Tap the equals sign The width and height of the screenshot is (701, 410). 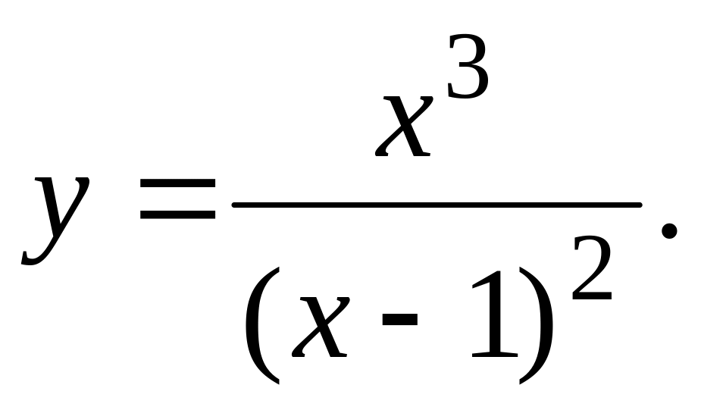178,199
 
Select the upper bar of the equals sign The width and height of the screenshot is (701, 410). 178,183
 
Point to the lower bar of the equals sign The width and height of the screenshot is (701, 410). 178,214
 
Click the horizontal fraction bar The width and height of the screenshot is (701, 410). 437,205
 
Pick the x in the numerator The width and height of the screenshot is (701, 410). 404,126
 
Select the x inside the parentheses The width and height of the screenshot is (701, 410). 321,327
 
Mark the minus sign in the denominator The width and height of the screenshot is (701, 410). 399,319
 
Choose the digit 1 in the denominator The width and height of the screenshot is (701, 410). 495,314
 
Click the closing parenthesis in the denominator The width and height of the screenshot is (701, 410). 536,325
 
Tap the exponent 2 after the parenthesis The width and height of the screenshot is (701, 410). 591,269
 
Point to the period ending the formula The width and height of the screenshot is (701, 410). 669,231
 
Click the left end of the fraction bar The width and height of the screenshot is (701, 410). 233,205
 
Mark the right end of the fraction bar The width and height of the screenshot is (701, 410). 641,205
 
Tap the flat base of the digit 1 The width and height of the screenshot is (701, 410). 495,355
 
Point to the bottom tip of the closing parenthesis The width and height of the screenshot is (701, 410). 521,383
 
